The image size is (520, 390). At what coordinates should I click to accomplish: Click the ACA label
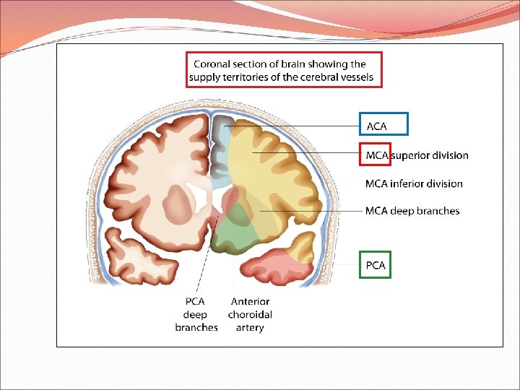click(x=377, y=126)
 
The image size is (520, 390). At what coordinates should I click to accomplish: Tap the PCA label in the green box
click(x=376, y=265)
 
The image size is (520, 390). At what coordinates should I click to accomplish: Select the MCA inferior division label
click(x=414, y=183)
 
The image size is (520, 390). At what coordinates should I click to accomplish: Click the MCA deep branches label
click(x=412, y=211)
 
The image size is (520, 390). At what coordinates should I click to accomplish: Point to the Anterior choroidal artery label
click(x=250, y=314)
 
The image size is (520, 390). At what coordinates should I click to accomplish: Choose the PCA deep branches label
click(x=196, y=314)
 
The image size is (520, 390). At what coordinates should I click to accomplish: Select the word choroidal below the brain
click(x=250, y=314)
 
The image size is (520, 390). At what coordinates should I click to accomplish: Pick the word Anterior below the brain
click(x=250, y=301)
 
